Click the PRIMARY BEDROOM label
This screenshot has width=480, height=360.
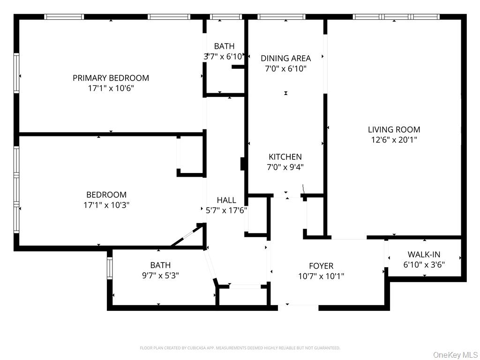(x=111, y=78)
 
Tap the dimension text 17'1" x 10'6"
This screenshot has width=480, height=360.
(x=111, y=88)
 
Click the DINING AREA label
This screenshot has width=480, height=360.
(x=285, y=58)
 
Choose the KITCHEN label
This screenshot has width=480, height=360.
(x=285, y=157)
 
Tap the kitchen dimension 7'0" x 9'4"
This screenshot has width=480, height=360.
(x=285, y=167)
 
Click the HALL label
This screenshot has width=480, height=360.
(x=226, y=200)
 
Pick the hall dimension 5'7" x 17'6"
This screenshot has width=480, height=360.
(x=226, y=210)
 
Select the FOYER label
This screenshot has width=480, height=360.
(x=321, y=266)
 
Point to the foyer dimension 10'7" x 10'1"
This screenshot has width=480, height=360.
(x=321, y=277)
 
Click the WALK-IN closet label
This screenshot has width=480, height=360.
(x=424, y=255)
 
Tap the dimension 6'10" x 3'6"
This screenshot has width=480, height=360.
(x=424, y=265)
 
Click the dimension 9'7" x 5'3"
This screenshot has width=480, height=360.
(x=160, y=276)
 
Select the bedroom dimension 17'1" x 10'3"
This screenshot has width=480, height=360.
(x=106, y=205)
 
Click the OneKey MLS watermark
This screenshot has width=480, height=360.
(x=455, y=355)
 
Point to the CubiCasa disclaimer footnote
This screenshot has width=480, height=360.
(x=240, y=348)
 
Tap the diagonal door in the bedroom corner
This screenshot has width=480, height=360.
(x=186, y=237)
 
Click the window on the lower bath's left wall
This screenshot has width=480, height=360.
(x=110, y=269)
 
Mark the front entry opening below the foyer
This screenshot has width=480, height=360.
(x=298, y=307)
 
